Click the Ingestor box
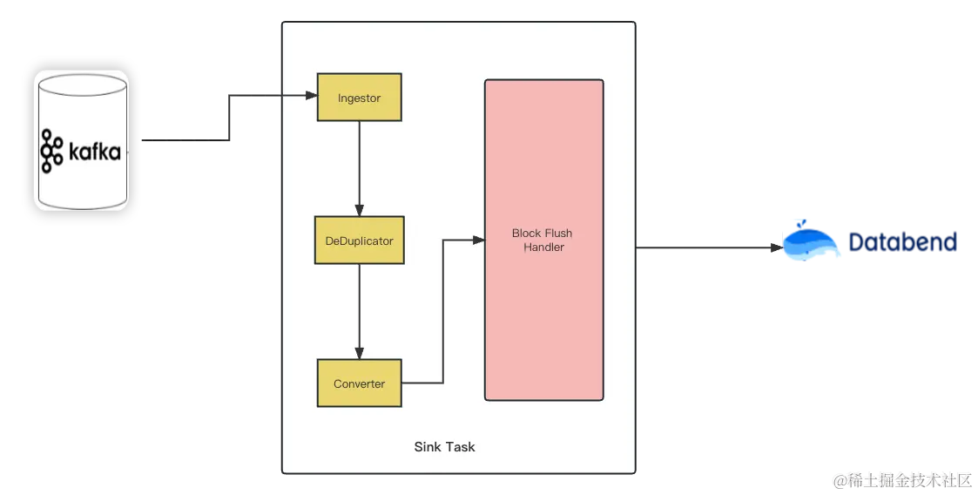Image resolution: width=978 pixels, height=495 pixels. tap(359, 98)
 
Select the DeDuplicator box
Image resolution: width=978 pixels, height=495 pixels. tap(359, 241)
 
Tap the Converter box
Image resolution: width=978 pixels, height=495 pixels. tap(359, 383)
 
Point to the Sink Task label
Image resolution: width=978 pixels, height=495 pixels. tap(444, 447)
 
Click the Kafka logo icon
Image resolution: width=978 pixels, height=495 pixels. tap(51, 153)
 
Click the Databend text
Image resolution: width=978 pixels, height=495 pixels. tap(902, 241)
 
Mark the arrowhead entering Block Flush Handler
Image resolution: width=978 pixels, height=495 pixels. tap(478, 240)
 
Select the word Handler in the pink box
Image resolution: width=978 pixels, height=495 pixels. tap(543, 247)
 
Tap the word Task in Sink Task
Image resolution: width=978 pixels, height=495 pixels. tap(459, 447)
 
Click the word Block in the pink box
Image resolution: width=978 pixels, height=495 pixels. tap(526, 234)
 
